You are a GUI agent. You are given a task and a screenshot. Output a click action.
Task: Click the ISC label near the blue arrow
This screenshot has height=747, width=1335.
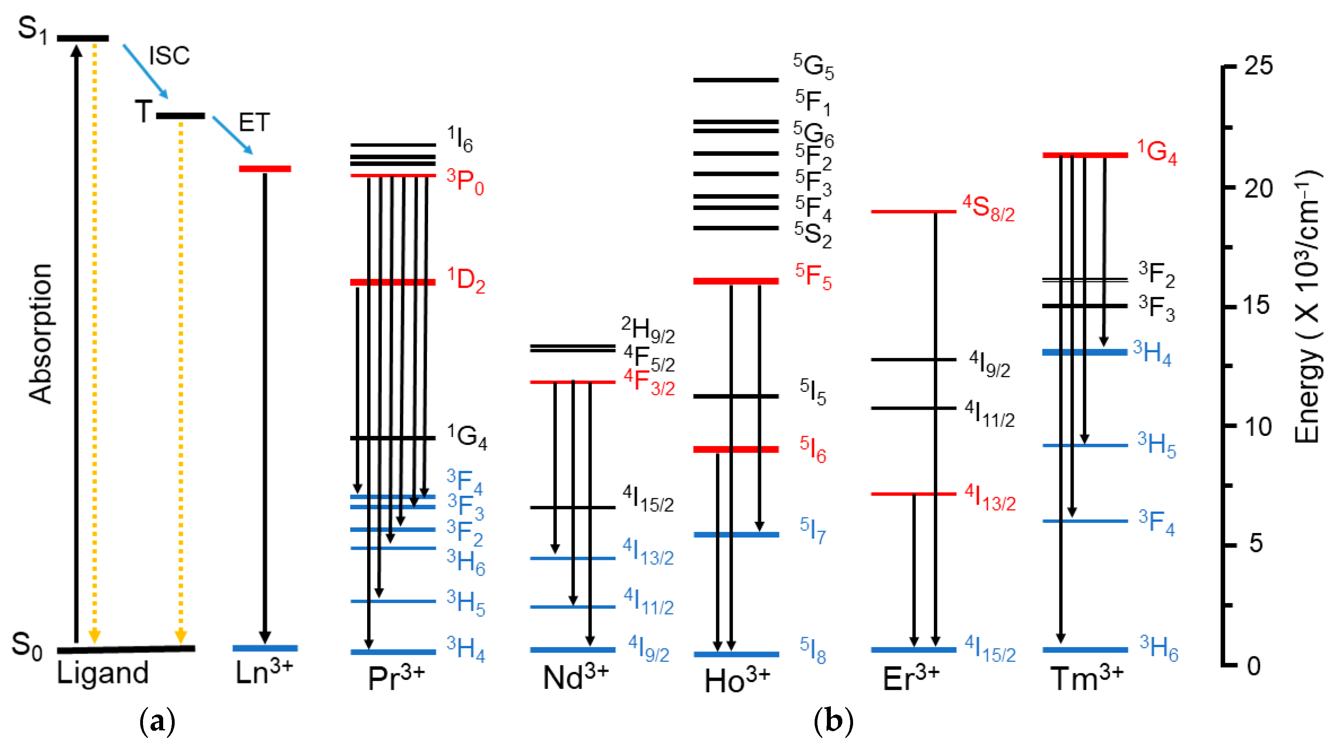(169, 55)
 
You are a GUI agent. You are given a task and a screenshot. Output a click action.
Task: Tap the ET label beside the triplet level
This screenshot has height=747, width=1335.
(254, 122)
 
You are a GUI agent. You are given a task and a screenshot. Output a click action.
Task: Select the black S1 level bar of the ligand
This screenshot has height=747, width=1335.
(83, 38)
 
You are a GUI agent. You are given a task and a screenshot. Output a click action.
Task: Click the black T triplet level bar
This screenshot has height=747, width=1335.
(180, 116)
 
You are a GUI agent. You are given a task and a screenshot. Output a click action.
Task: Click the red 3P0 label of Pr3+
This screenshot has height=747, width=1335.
(465, 181)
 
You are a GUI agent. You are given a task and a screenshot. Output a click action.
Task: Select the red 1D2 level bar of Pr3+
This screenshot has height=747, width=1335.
(393, 282)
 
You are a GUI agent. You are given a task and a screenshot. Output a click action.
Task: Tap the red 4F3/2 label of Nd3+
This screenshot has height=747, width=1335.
(649, 382)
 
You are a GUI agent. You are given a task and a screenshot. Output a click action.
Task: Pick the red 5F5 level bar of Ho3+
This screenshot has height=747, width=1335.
(736, 281)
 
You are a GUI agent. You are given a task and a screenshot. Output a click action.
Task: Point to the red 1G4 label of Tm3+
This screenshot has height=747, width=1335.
(1157, 152)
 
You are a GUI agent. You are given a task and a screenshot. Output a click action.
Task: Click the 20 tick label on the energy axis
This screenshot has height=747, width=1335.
(1258, 189)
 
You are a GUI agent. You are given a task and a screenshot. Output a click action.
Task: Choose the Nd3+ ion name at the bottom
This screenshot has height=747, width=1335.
(575, 677)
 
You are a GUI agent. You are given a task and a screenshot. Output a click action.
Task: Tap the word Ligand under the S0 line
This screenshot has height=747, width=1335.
(103, 673)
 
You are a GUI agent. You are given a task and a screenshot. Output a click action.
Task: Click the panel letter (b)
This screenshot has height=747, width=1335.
(833, 722)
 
